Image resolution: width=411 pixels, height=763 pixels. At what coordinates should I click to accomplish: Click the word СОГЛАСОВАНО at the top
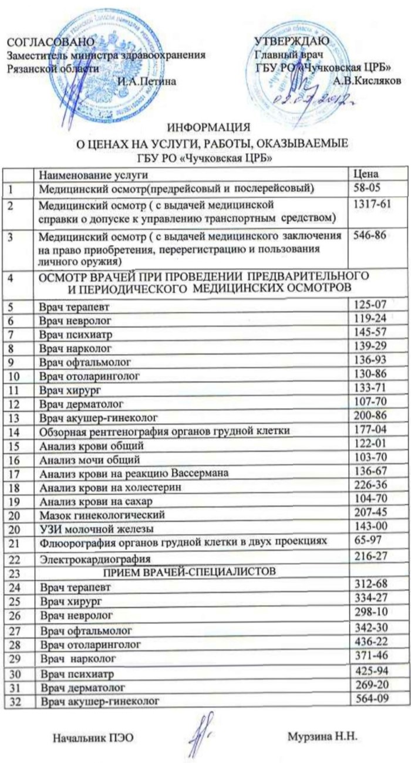50,42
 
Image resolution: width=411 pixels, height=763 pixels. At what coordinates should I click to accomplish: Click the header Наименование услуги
94,175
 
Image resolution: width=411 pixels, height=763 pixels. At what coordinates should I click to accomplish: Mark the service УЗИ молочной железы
97,528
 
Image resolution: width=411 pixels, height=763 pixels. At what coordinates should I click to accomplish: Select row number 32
16,701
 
